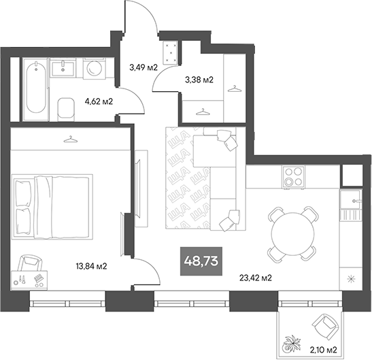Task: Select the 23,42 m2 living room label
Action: point(256,278)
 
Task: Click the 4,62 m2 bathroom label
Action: point(98,102)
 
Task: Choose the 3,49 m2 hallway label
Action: point(143,67)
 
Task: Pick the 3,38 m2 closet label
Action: point(199,80)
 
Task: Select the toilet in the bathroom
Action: point(66,108)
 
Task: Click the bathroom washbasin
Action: point(65,67)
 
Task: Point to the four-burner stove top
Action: point(294,177)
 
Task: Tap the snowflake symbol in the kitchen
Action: point(350,279)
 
